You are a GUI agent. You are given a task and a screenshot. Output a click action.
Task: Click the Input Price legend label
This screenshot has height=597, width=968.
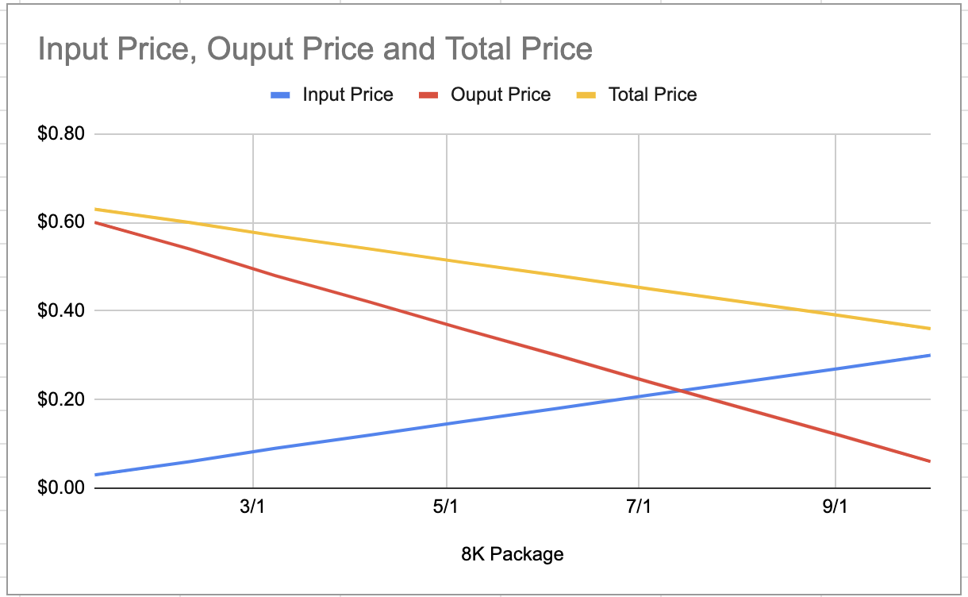pyautogui.click(x=348, y=94)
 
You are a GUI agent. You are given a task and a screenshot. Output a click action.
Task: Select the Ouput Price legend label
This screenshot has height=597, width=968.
pyautogui.click(x=500, y=94)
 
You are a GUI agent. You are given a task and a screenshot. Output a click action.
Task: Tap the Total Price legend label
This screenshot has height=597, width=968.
pyautogui.click(x=652, y=94)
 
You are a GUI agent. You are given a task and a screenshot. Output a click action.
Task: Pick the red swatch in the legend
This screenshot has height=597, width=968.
pyautogui.click(x=429, y=95)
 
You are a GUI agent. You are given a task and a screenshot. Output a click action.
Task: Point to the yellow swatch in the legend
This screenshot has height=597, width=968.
pyautogui.click(x=586, y=95)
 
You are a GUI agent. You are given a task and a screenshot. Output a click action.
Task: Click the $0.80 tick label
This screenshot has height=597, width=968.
pyautogui.click(x=61, y=133)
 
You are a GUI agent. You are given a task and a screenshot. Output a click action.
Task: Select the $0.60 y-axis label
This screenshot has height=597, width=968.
pyautogui.click(x=61, y=221)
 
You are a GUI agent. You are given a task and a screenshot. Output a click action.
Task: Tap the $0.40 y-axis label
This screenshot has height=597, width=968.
pyautogui.click(x=61, y=310)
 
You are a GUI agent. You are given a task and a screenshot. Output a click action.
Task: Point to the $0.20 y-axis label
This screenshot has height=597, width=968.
pyautogui.click(x=61, y=399)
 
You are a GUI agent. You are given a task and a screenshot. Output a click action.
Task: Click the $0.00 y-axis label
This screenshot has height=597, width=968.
pyautogui.click(x=61, y=487)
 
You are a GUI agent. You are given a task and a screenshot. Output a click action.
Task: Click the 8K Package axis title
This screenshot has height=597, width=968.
pyautogui.click(x=512, y=553)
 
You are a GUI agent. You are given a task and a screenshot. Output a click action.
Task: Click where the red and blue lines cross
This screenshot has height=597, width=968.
pyautogui.click(x=681, y=390)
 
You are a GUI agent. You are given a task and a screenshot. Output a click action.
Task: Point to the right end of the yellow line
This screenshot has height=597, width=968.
pyautogui.click(x=929, y=329)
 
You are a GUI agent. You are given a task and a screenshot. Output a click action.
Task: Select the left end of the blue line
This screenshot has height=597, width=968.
pyautogui.click(x=95, y=475)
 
